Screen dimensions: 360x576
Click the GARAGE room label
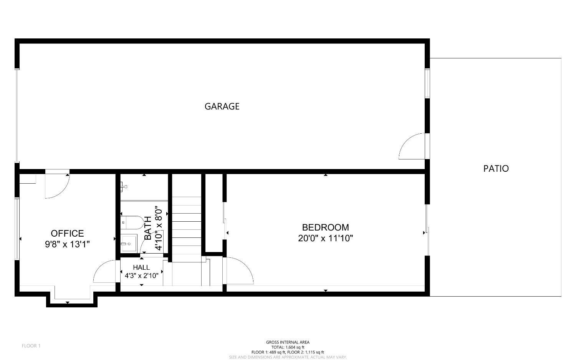(222, 106)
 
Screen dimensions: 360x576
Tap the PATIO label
(496, 168)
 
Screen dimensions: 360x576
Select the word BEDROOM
(325, 227)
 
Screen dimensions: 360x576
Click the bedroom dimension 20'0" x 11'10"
(325, 238)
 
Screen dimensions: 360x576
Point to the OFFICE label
(67, 233)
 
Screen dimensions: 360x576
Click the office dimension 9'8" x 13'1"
(67, 244)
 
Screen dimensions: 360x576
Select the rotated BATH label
(148, 229)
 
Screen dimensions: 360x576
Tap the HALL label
(141, 267)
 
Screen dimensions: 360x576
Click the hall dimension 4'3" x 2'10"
(141, 275)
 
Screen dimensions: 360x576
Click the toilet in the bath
(132, 222)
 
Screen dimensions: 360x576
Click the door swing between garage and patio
(413, 147)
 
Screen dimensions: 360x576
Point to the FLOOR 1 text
(31, 346)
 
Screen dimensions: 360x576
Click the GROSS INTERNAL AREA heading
(288, 342)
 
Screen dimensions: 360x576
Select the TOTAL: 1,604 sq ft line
(288, 347)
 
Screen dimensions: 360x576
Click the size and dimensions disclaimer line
(288, 357)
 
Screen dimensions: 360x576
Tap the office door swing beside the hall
(104, 272)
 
